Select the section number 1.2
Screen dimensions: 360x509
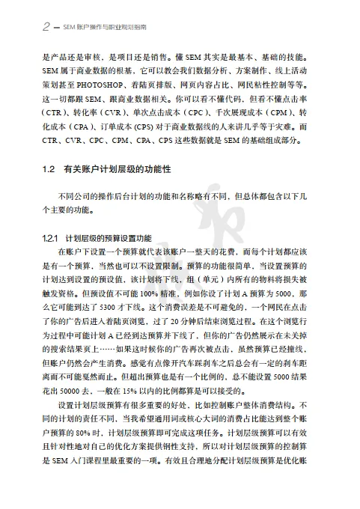click(x=49, y=171)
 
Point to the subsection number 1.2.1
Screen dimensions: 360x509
click(x=50, y=238)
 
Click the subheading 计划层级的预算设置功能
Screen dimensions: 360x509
click(x=109, y=238)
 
